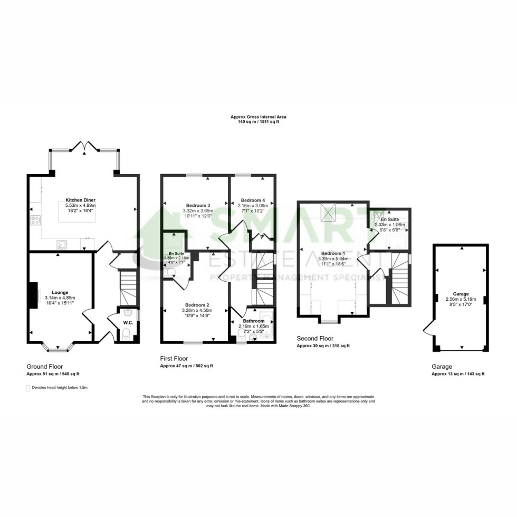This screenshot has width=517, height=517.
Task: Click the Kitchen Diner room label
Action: point(80,200)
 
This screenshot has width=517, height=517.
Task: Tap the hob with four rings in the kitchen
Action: point(35,221)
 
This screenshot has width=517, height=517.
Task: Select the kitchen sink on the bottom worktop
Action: point(62,244)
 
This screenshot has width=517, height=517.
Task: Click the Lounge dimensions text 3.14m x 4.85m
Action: point(64,297)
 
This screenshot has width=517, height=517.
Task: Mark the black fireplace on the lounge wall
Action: point(34,294)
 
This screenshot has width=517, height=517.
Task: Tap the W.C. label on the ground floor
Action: point(127,322)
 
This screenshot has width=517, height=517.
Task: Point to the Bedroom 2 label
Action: point(197,305)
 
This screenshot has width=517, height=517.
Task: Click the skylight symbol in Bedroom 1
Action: point(330,213)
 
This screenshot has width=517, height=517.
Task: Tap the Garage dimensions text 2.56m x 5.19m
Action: point(461,299)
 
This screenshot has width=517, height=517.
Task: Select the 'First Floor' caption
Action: point(174,359)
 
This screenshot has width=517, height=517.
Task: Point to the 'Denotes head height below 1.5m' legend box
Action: point(28,388)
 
